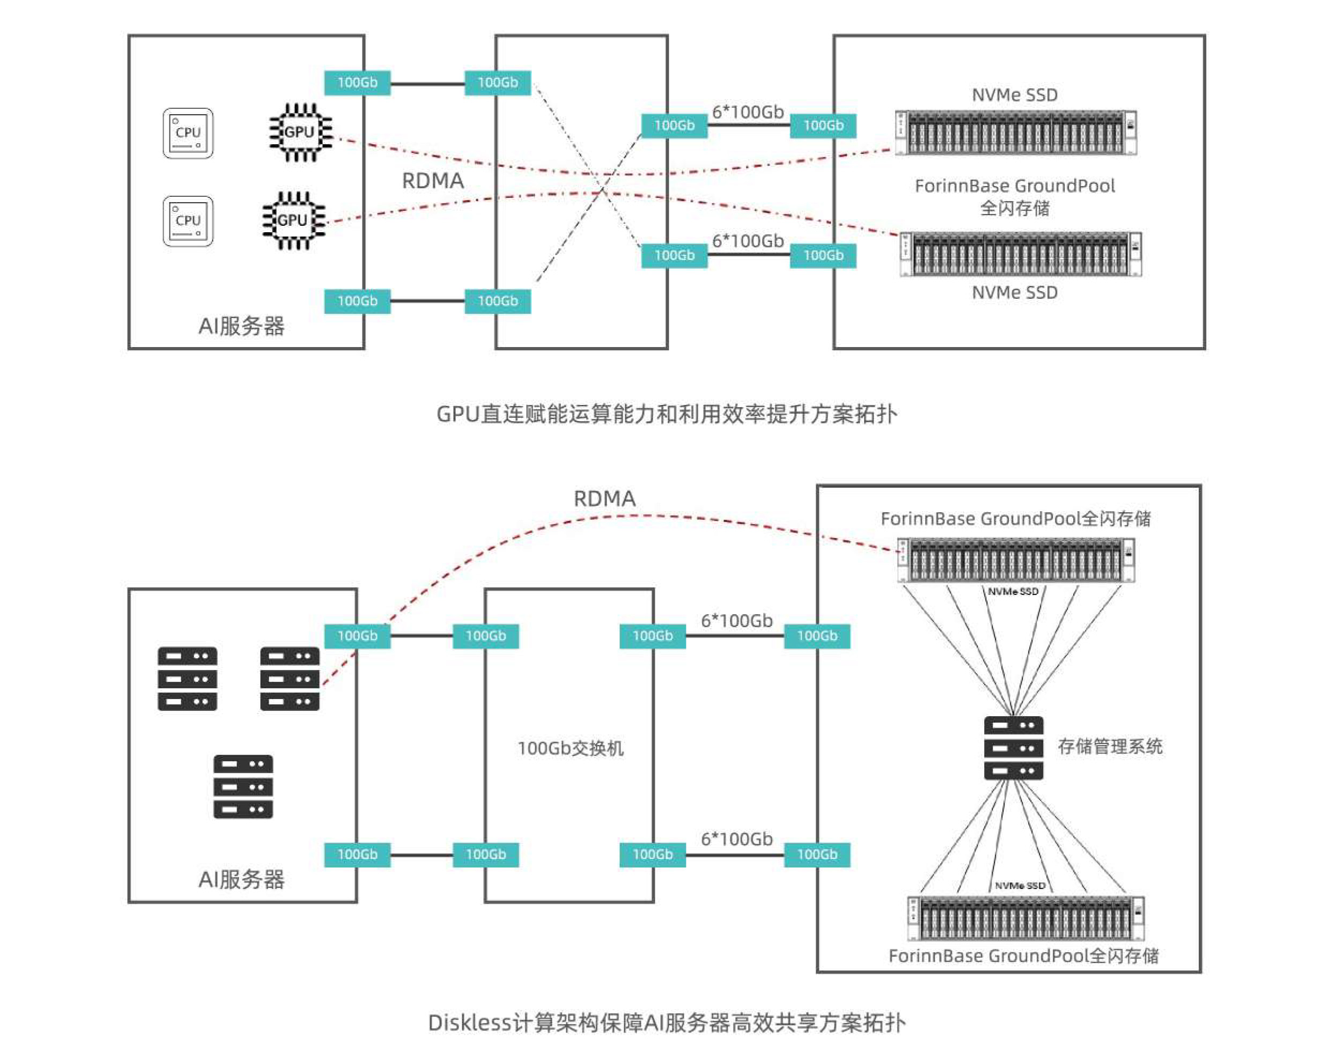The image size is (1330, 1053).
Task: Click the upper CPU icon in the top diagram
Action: pyautogui.click(x=188, y=133)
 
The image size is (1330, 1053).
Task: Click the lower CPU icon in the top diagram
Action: pyautogui.click(x=188, y=220)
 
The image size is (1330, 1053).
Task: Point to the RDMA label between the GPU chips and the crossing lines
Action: pyautogui.click(x=433, y=181)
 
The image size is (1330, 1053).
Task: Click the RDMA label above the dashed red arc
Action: pyautogui.click(x=604, y=498)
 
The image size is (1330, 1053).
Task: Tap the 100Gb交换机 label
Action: pyautogui.click(x=570, y=748)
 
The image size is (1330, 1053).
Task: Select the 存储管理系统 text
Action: pyautogui.click(x=1110, y=746)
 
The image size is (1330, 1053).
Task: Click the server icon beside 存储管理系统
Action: pyautogui.click(x=1013, y=747)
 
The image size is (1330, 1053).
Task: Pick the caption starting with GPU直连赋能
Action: pyautogui.click(x=666, y=414)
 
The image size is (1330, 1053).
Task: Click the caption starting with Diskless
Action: pyautogui.click(x=666, y=1022)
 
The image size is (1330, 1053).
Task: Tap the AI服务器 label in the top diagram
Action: pyautogui.click(x=241, y=326)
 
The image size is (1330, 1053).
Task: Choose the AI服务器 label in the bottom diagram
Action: pyautogui.click(x=241, y=879)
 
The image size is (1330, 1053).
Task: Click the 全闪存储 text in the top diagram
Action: pyautogui.click(x=1015, y=208)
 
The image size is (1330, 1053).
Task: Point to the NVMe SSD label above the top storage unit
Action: pyautogui.click(x=1015, y=95)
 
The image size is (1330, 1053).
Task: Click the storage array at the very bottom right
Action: pyautogui.click(x=1025, y=918)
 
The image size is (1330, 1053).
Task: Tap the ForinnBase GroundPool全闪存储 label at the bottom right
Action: pyautogui.click(x=1023, y=955)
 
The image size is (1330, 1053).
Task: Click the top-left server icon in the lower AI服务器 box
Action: pyautogui.click(x=187, y=678)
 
